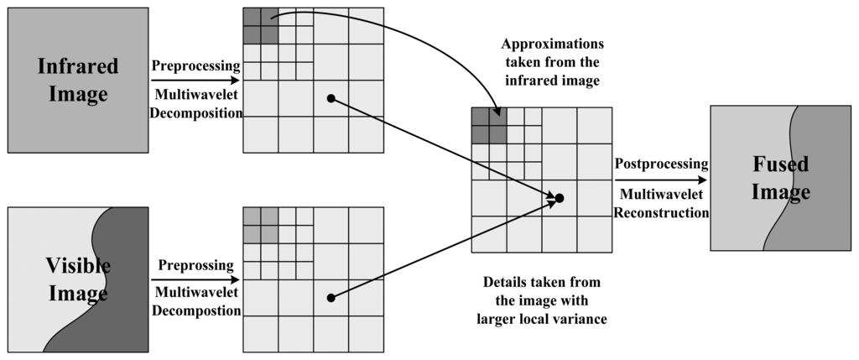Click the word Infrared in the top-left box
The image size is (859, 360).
point(78,65)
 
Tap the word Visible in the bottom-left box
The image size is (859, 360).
point(78,266)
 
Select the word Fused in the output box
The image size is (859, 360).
point(781,164)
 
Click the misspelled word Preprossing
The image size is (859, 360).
point(196,265)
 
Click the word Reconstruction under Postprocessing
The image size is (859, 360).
point(662,213)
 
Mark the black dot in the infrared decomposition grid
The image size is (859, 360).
point(331,98)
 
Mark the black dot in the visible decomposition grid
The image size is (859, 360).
point(331,297)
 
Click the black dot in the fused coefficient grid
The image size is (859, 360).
point(560,198)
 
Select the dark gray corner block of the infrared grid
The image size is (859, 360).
point(261,24)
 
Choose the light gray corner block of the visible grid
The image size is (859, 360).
point(261,223)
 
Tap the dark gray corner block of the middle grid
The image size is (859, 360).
point(489,125)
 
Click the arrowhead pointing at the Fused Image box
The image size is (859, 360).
point(703,180)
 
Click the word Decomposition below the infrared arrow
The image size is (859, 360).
point(196,114)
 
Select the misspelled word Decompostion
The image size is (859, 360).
point(196,311)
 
